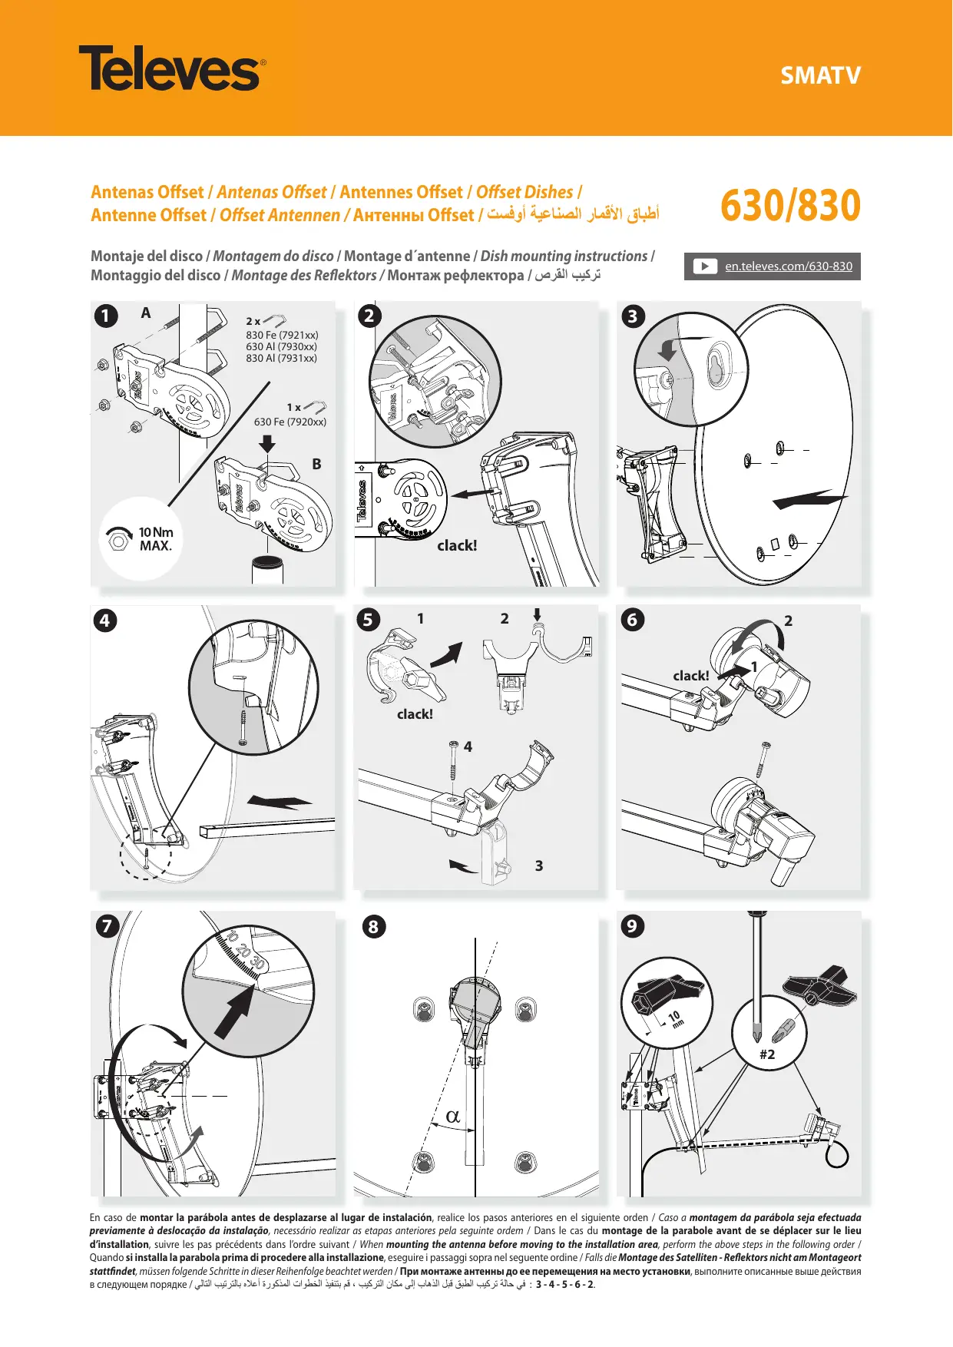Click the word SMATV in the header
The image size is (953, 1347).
coord(820,75)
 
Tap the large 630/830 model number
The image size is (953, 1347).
coord(790,206)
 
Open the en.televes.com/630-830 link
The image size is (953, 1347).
coord(789,266)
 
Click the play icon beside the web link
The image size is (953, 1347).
coord(704,266)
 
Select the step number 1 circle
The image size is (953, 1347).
coord(106,316)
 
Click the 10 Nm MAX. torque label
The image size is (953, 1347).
coord(155,539)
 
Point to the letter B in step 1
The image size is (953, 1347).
coord(316,464)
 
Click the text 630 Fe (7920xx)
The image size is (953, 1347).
coord(290,422)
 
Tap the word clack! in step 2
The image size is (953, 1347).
coord(457,545)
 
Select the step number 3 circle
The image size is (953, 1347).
coord(633,316)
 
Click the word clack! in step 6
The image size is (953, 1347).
coord(690,676)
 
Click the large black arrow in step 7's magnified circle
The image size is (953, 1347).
coord(236,1012)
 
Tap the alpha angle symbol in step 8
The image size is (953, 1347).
coord(453,1117)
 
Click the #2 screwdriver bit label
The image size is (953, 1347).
coord(767,1054)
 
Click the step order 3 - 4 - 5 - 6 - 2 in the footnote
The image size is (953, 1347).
coord(564,1284)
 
